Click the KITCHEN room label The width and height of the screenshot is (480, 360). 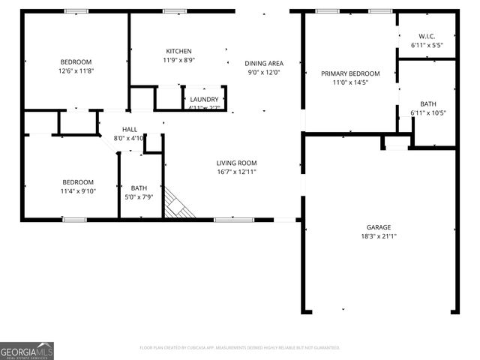(178, 51)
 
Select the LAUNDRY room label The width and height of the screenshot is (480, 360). (204, 99)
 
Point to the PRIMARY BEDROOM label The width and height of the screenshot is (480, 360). (350, 73)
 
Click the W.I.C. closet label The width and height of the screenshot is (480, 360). (427, 36)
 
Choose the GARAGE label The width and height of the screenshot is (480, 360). (379, 227)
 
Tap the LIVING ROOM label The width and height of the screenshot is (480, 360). (236, 163)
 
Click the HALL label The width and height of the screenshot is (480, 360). (129, 130)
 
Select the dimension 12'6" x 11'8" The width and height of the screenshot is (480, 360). (76, 70)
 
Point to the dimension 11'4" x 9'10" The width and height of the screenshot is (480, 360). (77, 191)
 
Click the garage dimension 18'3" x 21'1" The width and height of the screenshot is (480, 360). (379, 236)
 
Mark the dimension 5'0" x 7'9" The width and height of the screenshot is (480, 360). (139, 197)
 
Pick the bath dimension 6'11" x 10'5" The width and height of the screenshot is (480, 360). (428, 113)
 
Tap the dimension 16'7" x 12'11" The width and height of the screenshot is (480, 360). (236, 172)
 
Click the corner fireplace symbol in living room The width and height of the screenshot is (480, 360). (179, 203)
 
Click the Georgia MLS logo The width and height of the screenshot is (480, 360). (27, 350)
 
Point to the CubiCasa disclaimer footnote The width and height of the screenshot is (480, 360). (240, 348)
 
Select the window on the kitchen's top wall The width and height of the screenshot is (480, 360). (175, 11)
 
